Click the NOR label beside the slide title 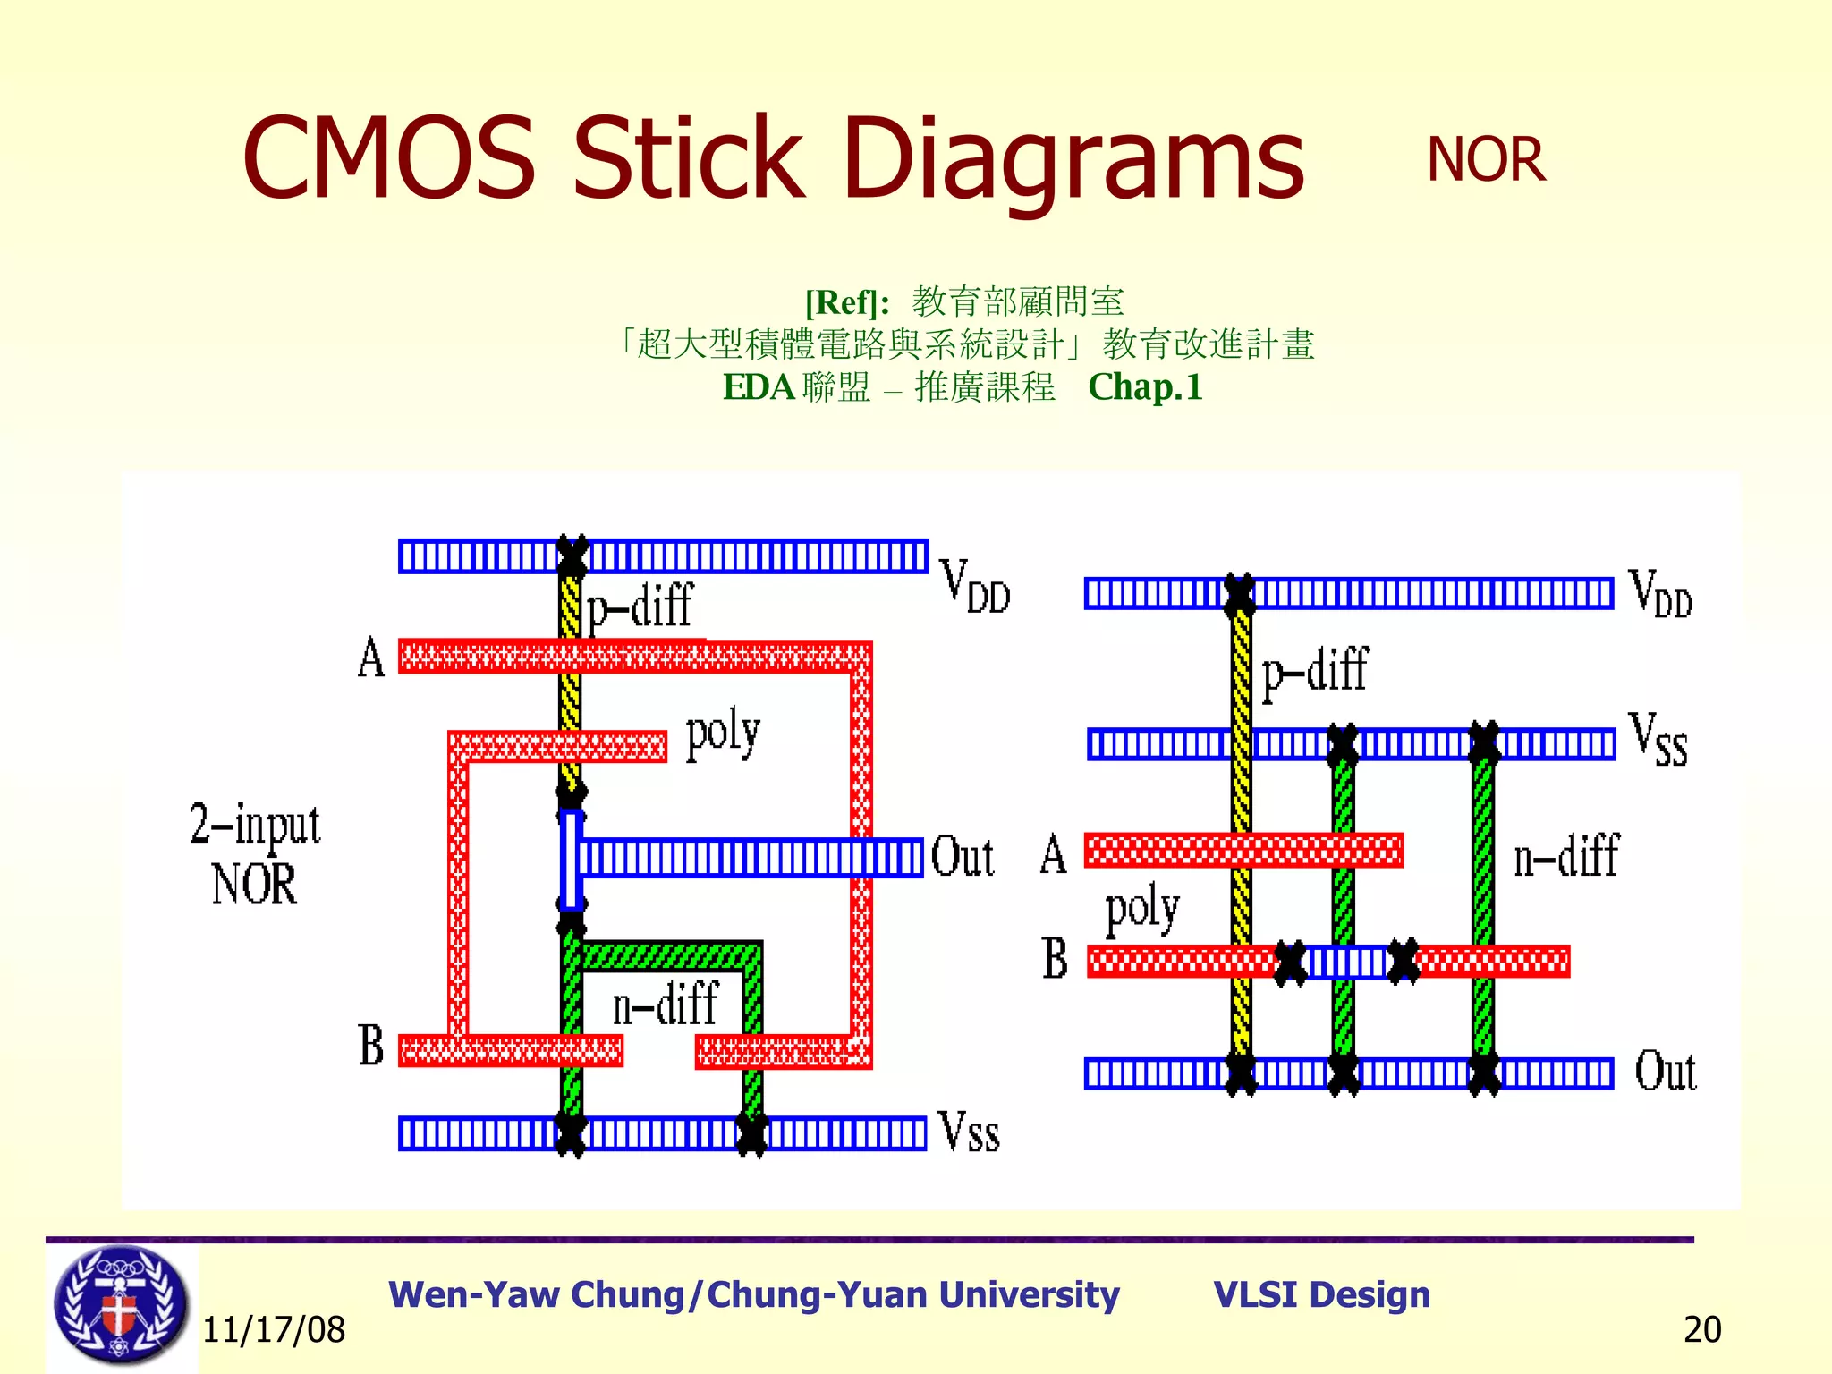1485,161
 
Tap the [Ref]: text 846,303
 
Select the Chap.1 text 1145,387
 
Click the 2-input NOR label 255,854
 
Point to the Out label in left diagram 962,857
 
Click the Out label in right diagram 1665,1072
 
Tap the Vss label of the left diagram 968,1132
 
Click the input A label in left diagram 371,658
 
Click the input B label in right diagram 1055,959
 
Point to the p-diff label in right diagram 1314,671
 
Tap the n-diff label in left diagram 664,1004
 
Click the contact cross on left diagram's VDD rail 572,556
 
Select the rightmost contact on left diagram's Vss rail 751,1134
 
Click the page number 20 1701,1330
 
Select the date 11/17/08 274,1330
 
